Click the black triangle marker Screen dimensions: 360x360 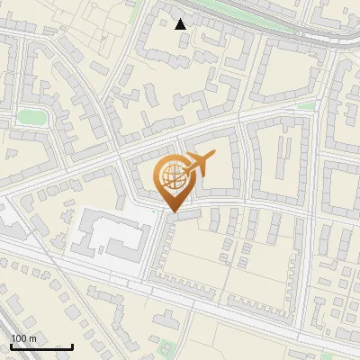coord(181,24)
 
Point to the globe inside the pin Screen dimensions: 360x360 coord(171,176)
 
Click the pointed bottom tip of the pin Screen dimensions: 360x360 coord(172,211)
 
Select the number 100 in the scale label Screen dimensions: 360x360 coord(18,338)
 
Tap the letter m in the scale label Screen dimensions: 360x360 coord(32,338)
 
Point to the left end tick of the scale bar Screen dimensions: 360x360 coord(11,346)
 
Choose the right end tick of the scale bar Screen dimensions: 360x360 coord(72,346)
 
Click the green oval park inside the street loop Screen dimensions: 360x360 coord(31,117)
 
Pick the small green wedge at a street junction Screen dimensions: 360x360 coord(307,106)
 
